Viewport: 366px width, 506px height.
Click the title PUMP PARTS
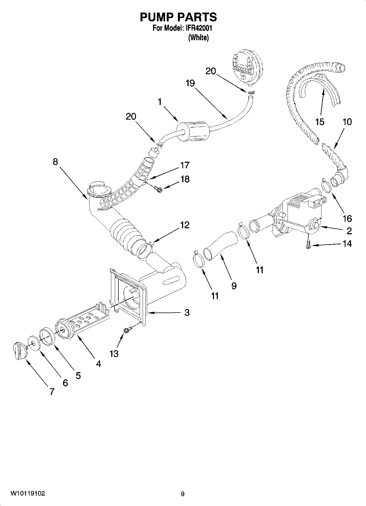(178, 17)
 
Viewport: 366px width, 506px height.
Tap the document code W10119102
(28, 493)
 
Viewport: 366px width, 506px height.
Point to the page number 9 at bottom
(183, 494)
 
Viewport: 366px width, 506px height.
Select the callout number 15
(320, 122)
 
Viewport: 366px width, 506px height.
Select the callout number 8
(55, 162)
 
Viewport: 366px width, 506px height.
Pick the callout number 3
(187, 312)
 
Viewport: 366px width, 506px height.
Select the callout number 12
(185, 225)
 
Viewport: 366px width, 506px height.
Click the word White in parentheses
(198, 37)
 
